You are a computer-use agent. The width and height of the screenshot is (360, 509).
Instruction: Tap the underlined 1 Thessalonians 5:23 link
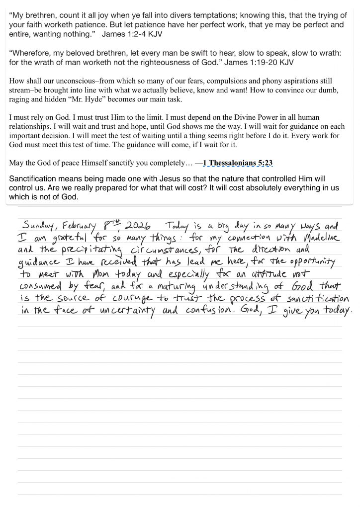pos(237,163)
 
